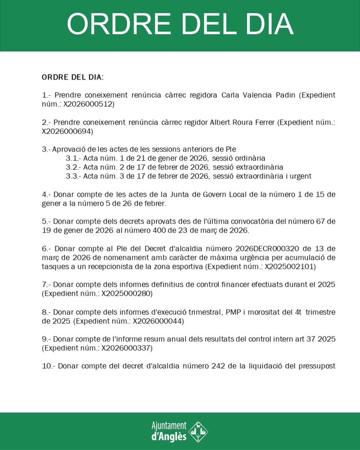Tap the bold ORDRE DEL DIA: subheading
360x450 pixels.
73,77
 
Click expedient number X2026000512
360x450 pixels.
89,104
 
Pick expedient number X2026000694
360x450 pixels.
67,131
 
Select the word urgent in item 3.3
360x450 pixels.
299,176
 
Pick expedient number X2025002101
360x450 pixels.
290,266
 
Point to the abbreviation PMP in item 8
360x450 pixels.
233,312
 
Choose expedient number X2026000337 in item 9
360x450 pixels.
127,348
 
